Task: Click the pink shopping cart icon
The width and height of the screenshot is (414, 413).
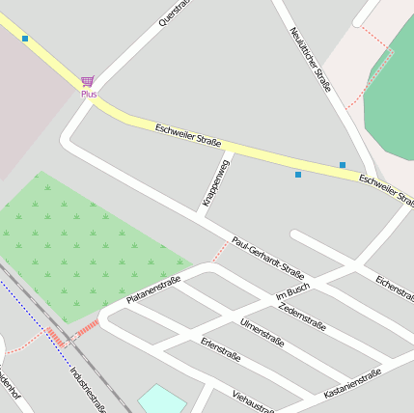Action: (88, 81)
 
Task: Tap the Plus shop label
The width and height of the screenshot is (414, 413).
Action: (89, 95)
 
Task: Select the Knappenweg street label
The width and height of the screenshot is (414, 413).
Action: (216, 183)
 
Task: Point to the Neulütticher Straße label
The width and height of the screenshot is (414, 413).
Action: (311, 60)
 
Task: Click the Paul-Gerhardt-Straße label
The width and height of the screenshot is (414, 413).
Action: (268, 258)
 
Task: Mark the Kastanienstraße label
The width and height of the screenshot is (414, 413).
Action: (352, 383)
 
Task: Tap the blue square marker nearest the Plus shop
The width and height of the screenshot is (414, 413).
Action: (25, 39)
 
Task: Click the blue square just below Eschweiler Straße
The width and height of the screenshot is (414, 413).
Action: (298, 175)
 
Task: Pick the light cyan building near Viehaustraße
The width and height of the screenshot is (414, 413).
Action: (161, 399)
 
